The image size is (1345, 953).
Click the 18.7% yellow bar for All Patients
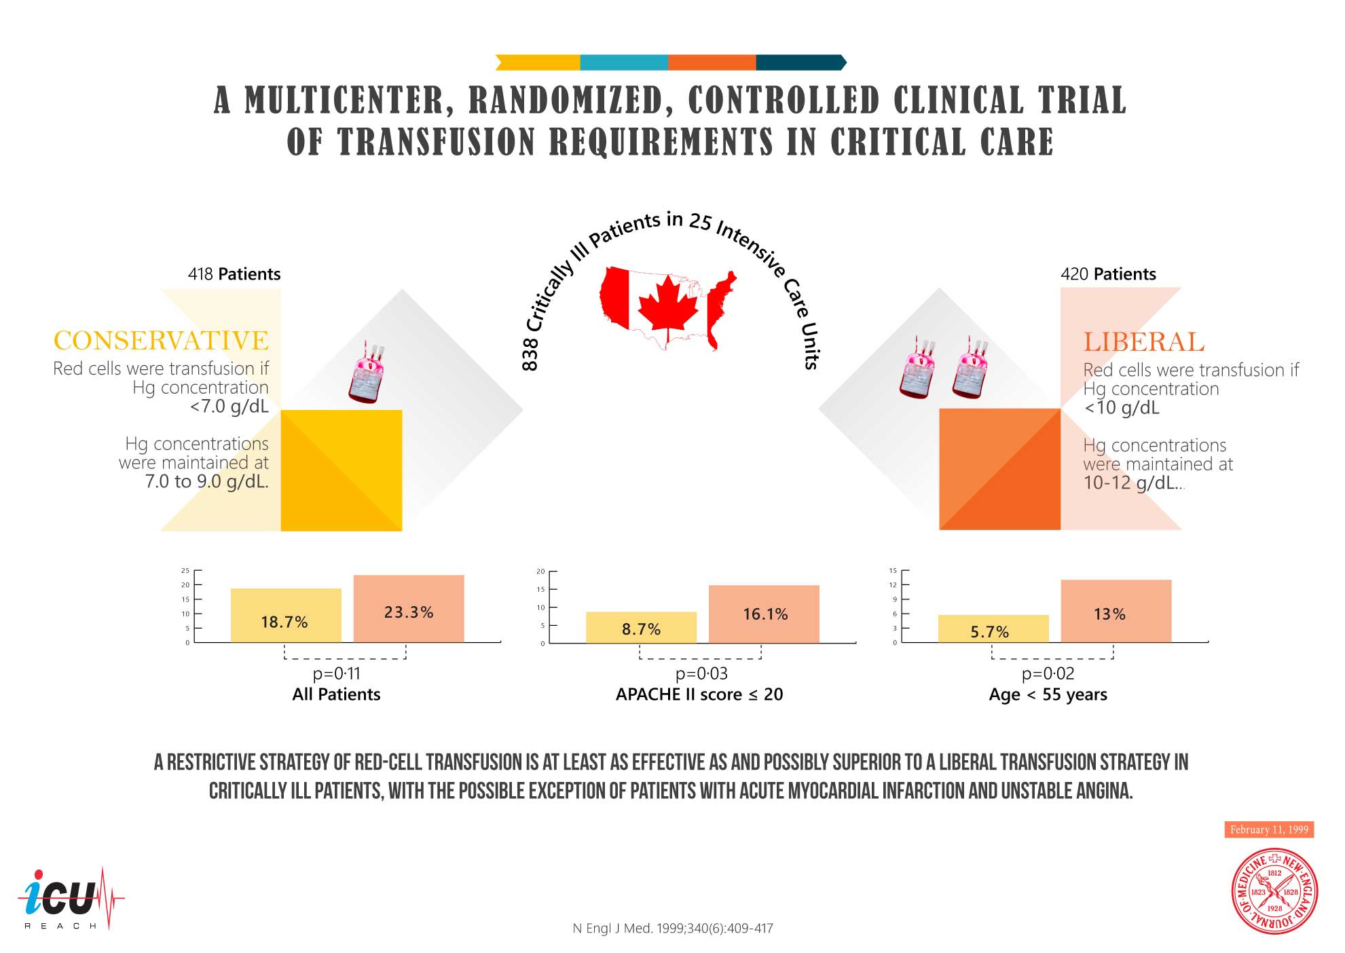click(x=285, y=616)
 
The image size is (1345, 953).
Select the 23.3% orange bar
click(x=408, y=609)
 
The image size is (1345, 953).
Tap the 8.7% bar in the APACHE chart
click(x=641, y=627)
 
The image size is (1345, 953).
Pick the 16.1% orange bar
click(x=764, y=614)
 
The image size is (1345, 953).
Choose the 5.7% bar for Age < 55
click(x=993, y=629)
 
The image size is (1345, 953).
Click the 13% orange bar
click(x=1116, y=611)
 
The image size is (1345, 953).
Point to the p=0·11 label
click(x=336, y=673)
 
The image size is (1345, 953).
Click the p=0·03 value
click(x=701, y=673)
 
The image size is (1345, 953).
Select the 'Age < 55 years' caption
click(x=1048, y=694)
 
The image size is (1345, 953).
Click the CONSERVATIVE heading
click(x=161, y=341)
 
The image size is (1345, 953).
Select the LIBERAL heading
click(x=1144, y=342)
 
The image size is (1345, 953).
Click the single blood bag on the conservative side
click(x=367, y=373)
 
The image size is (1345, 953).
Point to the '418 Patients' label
click(x=234, y=274)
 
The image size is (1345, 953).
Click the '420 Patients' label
click(x=1108, y=274)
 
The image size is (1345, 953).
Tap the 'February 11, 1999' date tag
click(x=1268, y=829)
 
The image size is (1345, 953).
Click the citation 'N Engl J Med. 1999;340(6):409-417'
click(x=672, y=928)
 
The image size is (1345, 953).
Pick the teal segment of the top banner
click(x=623, y=62)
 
